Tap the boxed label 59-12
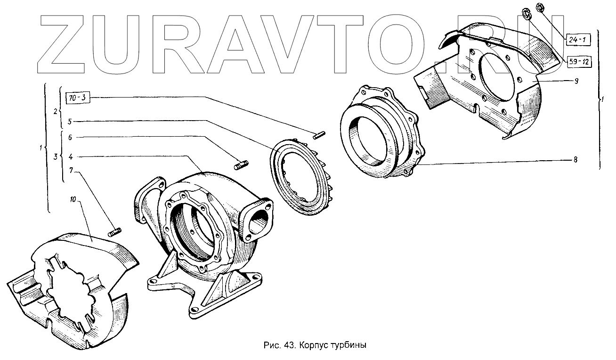[577, 62]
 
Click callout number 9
[576, 81]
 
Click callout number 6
[70, 138]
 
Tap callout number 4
[70, 156]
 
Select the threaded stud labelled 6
[242, 165]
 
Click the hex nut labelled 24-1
[541, 8]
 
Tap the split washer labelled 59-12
[527, 13]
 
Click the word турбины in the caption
[349, 345]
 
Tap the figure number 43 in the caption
[288, 345]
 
